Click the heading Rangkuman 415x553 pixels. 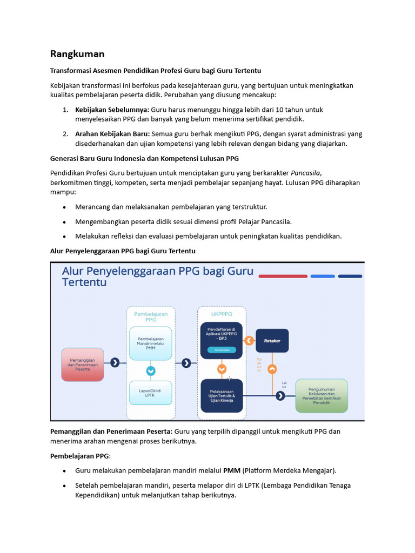tap(77, 54)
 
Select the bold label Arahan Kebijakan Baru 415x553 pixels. tap(112, 134)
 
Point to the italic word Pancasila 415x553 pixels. tap(306, 172)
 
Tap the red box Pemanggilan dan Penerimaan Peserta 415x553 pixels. tap(82, 364)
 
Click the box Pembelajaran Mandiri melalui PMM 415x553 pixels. tap(151, 343)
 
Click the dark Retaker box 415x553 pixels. tap(272, 341)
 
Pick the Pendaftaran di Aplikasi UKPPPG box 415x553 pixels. tap(222, 340)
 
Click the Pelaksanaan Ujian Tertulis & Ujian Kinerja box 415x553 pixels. tap(222, 396)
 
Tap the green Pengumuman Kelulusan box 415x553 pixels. tap(322, 396)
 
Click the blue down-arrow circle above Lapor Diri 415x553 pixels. tap(151, 370)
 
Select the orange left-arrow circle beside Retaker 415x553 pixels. tap(249, 341)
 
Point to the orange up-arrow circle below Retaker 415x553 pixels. tap(272, 369)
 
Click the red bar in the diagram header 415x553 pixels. tap(283, 276)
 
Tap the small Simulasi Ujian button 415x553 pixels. tap(222, 350)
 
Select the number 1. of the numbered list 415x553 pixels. tap(65, 110)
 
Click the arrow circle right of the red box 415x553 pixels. tap(115, 363)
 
